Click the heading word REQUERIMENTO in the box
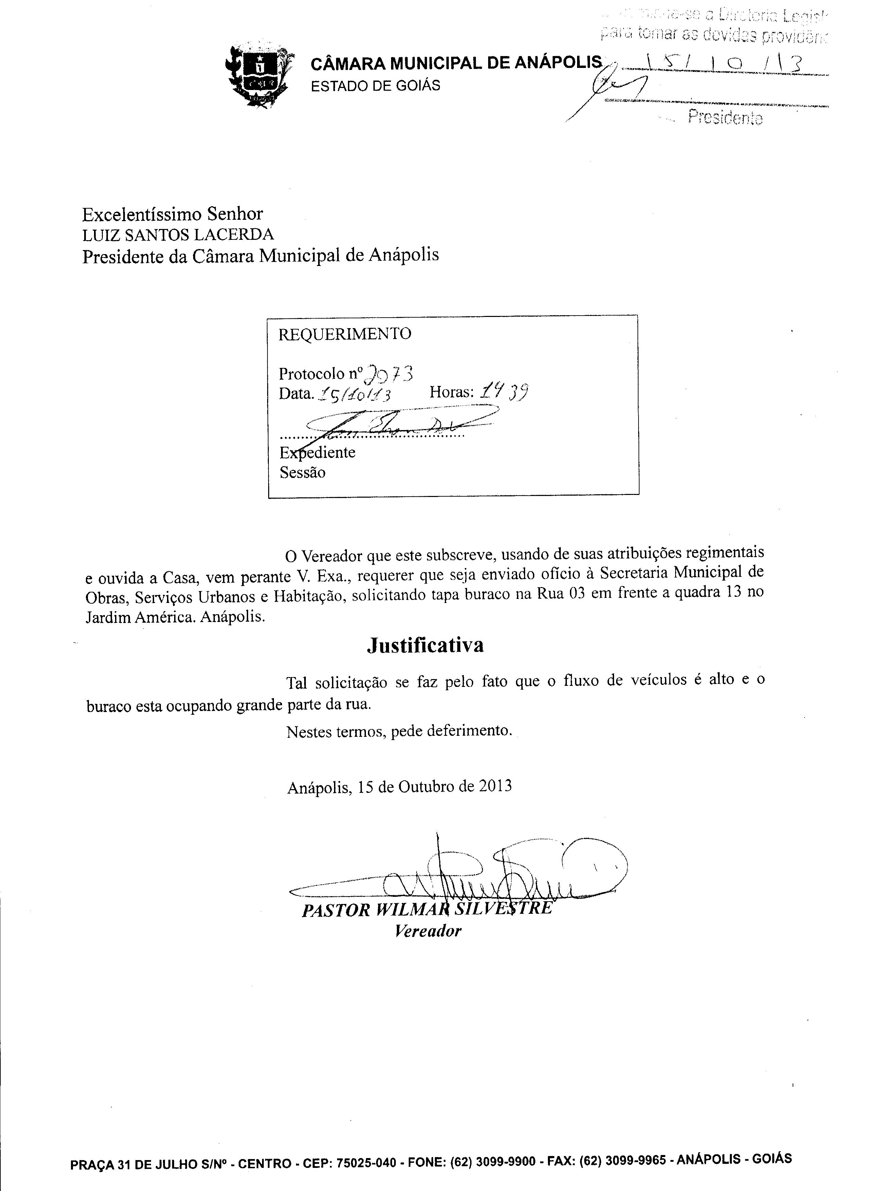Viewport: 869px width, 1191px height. (x=345, y=334)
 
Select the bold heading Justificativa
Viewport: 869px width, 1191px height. (x=425, y=645)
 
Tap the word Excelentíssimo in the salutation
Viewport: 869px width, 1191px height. (x=142, y=214)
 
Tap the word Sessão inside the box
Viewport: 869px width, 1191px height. (x=302, y=473)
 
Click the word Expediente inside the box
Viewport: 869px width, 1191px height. (x=318, y=452)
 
